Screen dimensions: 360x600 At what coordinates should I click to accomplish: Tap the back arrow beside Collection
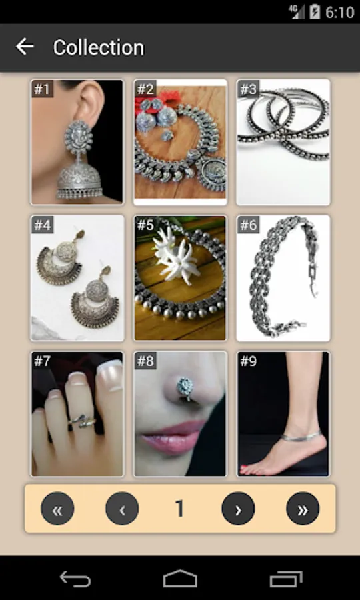(x=25, y=47)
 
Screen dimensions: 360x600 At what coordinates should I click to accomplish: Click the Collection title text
(x=99, y=48)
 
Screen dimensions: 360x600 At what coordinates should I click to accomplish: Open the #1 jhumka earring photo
(x=77, y=142)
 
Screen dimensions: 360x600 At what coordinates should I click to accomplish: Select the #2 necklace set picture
(x=180, y=142)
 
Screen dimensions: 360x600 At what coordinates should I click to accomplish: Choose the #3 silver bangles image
(x=283, y=142)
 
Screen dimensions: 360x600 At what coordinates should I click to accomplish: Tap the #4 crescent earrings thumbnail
(x=77, y=278)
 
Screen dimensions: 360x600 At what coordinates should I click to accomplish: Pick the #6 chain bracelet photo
(x=283, y=278)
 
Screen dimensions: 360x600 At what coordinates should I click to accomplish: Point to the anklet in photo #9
(x=301, y=435)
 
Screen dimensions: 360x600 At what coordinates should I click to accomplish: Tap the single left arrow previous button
(x=122, y=509)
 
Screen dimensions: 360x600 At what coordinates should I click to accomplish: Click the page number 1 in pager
(x=179, y=509)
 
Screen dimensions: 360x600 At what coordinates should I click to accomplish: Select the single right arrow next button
(x=238, y=509)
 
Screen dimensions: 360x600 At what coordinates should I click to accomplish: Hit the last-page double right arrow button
(x=303, y=509)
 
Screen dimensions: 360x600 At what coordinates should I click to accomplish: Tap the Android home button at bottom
(x=180, y=579)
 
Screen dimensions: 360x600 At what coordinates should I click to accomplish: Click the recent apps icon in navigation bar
(x=286, y=579)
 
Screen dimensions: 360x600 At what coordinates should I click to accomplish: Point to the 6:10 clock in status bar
(x=339, y=12)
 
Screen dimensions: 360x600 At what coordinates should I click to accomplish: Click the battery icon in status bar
(x=315, y=12)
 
